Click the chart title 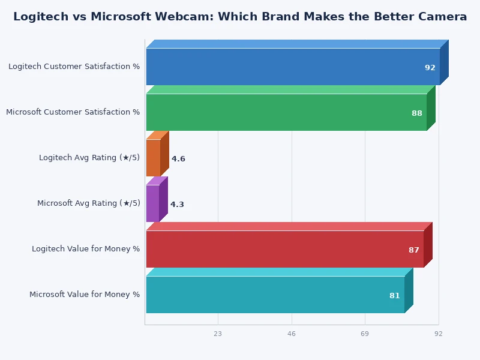(x=240, y=17)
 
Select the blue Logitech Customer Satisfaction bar (x=293, y=67)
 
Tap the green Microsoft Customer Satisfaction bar (x=286, y=112)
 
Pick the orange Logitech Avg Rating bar (x=153, y=158)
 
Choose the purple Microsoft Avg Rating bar (x=152, y=203)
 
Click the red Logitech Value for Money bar (x=284, y=249)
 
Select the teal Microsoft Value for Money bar (x=275, y=295)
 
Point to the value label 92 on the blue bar (x=430, y=68)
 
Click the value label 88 (x=417, y=113)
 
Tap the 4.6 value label (x=178, y=159)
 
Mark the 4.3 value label (x=177, y=205)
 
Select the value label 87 (x=414, y=250)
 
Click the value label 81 (x=395, y=296)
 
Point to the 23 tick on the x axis (x=218, y=334)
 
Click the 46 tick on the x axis (x=292, y=334)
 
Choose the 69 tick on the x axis (x=365, y=334)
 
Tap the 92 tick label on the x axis (x=439, y=334)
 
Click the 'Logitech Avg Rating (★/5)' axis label (x=89, y=158)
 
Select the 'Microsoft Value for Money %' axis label (x=85, y=295)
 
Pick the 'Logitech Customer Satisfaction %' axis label (x=74, y=67)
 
